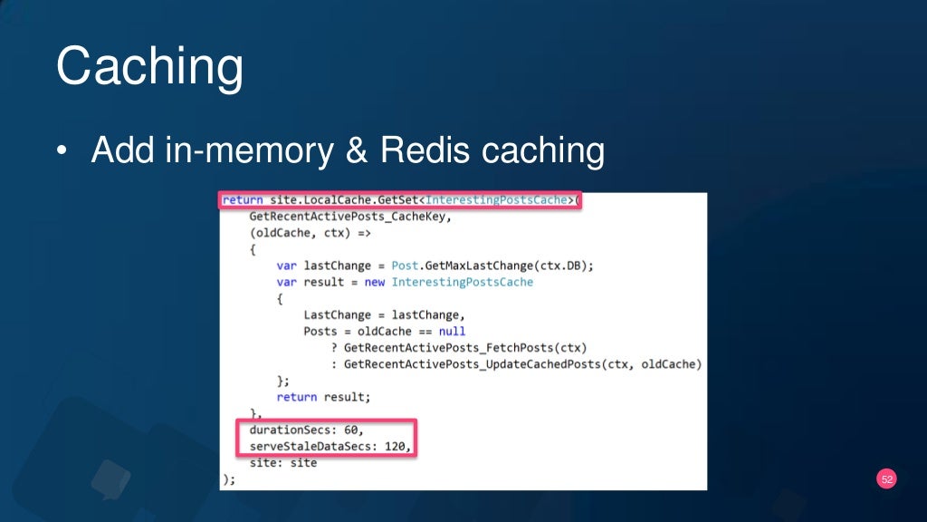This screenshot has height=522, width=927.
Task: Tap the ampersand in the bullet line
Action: (x=356, y=150)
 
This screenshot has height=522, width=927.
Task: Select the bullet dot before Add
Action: (x=62, y=152)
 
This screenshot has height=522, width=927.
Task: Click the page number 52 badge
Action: (x=886, y=479)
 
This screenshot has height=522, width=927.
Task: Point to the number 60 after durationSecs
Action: (x=352, y=430)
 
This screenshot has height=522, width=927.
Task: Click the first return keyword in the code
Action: (x=243, y=200)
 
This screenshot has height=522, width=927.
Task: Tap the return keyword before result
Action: (x=297, y=397)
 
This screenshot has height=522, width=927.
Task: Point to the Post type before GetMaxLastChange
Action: (x=406, y=266)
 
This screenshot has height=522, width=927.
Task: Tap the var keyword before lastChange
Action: (x=287, y=266)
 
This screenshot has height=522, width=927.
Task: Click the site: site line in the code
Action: (x=283, y=462)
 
